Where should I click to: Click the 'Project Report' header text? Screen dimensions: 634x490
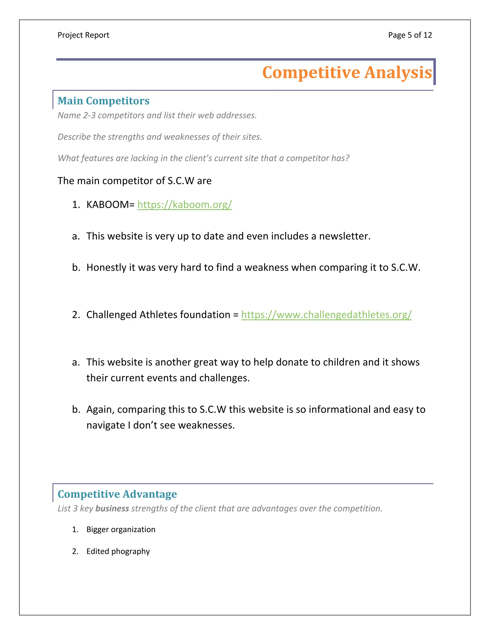click(83, 35)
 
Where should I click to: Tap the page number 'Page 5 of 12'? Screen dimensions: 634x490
click(410, 35)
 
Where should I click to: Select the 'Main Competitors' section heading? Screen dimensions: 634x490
click(103, 101)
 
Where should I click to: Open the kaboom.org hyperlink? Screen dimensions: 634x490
click(185, 204)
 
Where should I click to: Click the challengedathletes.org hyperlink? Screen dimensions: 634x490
click(326, 314)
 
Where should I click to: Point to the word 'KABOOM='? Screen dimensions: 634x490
click(110, 204)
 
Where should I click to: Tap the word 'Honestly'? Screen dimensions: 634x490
click(106, 267)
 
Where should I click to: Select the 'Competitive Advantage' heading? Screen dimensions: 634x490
click(117, 494)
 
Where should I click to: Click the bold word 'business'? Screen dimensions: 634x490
click(112, 508)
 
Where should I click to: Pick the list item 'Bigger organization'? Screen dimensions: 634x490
click(121, 529)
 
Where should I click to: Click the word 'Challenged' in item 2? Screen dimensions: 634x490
click(111, 314)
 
